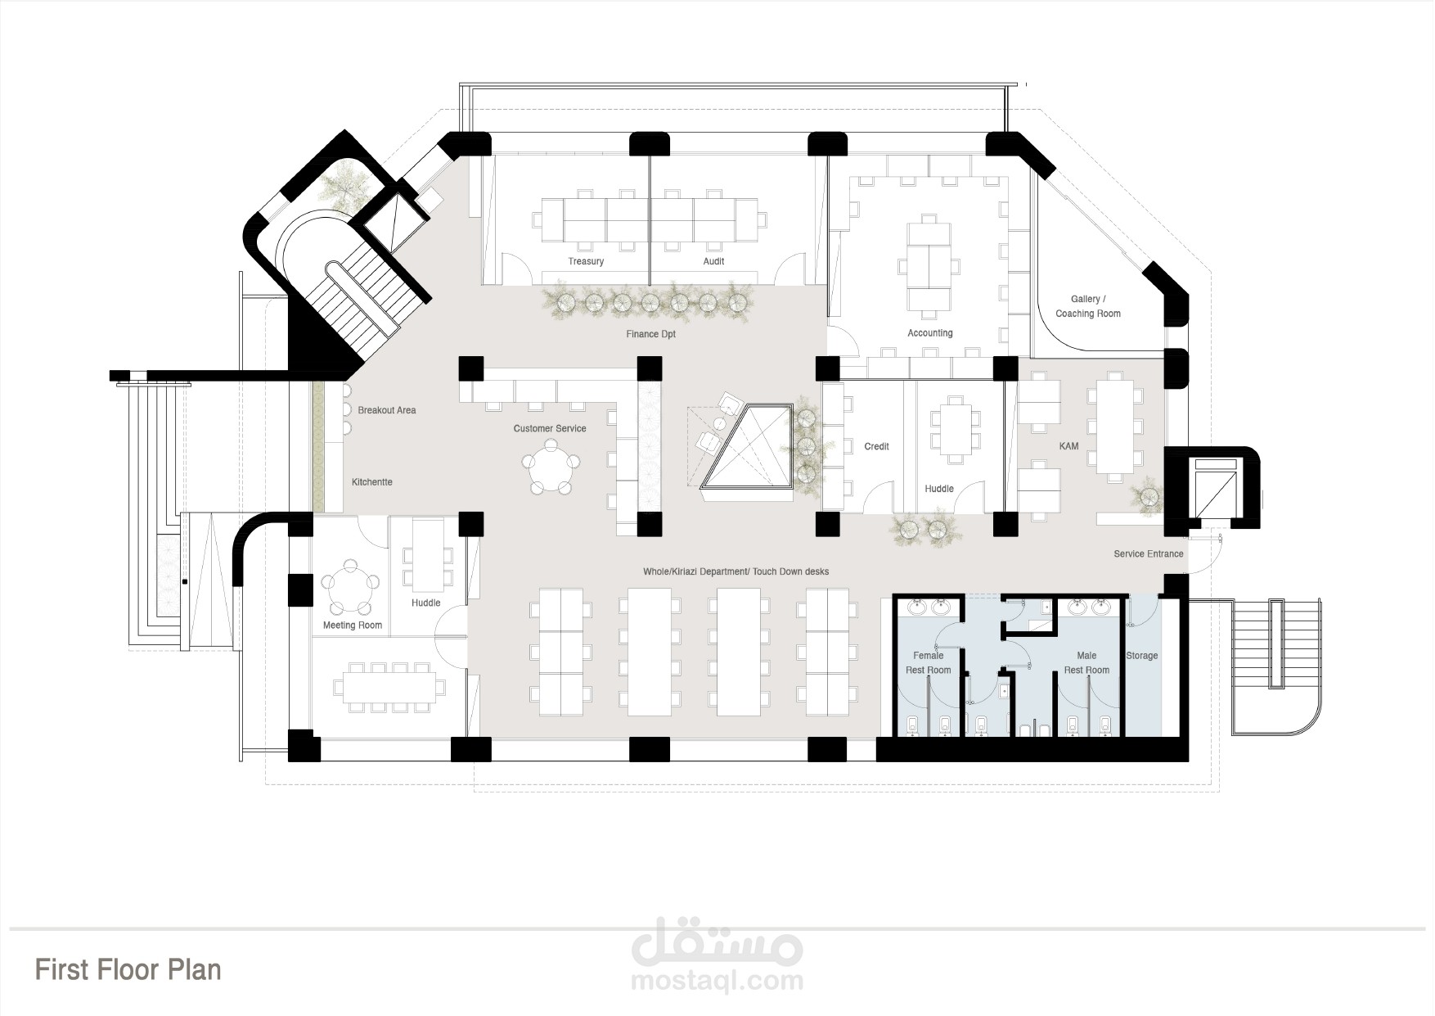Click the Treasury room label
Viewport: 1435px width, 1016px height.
coord(586,261)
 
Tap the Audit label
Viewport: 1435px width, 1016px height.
coord(713,261)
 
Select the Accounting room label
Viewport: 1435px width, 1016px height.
coord(930,333)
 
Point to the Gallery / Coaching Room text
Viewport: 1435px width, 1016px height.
coord(1087,306)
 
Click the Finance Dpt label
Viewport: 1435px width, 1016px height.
coord(651,334)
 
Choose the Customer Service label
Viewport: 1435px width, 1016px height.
coord(550,428)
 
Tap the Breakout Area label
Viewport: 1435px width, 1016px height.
coord(387,410)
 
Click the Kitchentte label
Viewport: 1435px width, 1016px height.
coord(372,482)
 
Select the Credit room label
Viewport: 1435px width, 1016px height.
coord(876,446)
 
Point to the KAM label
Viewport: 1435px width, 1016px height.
coord(1068,446)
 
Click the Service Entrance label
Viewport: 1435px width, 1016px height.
coord(1149,554)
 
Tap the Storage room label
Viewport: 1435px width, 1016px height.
coord(1142,656)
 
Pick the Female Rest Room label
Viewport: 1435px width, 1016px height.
coord(929,663)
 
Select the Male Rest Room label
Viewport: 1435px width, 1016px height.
coord(1086,663)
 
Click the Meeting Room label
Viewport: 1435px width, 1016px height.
coord(353,625)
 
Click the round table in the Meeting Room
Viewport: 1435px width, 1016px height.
coord(351,587)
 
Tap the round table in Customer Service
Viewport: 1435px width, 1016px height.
coord(551,467)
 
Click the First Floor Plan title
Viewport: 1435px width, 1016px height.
coord(128,969)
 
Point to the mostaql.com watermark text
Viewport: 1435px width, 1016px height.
coord(717,980)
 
